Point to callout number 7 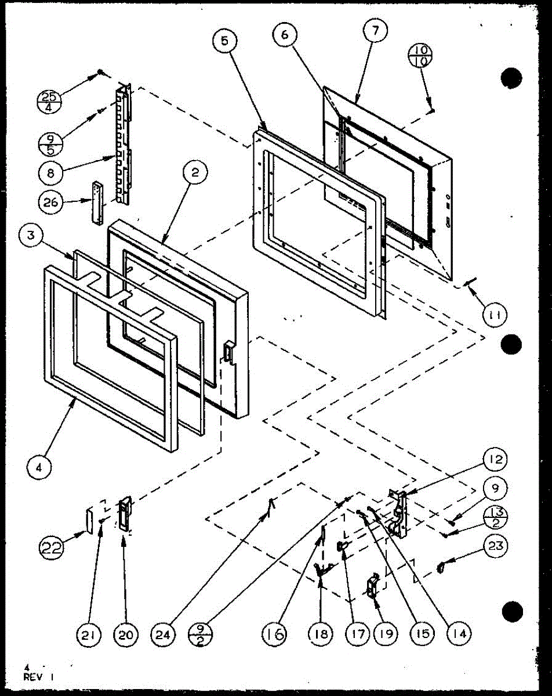pos(374,32)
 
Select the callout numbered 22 pos(53,547)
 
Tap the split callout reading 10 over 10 pos(419,57)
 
